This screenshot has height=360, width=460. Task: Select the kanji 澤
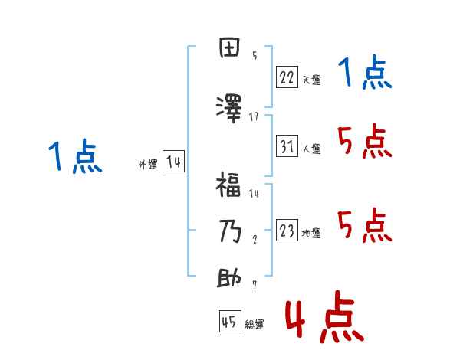pos(229,108)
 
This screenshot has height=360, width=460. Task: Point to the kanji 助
pos(229,278)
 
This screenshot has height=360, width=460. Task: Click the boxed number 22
pos(287,77)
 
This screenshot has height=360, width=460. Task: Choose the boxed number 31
pos(287,146)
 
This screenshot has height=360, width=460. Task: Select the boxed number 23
pos(287,231)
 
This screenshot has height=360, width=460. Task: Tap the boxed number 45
pos(229,322)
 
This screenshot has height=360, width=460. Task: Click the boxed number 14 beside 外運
pos(173,162)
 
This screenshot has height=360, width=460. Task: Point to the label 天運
pos(311,80)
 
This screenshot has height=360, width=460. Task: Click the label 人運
pos(311,149)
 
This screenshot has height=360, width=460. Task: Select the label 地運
pos(311,234)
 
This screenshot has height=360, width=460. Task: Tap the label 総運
pos(255,325)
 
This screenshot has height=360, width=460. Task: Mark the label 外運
pos(148,165)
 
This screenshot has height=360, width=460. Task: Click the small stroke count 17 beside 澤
pos(254,116)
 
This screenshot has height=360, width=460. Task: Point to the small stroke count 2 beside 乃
pos(254,239)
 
